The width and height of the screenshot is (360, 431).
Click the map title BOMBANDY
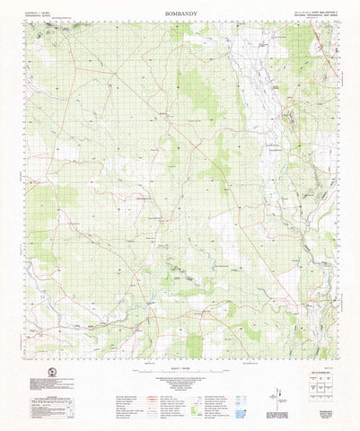pos(180,15)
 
